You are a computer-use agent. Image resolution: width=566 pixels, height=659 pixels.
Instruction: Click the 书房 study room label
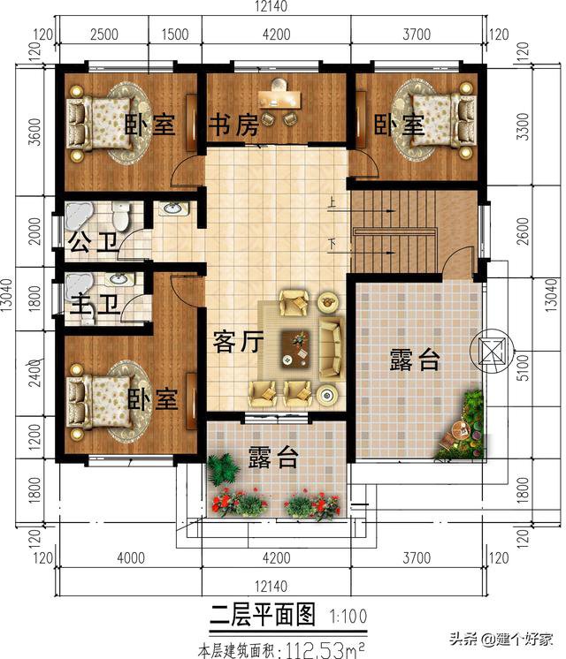pos(234,125)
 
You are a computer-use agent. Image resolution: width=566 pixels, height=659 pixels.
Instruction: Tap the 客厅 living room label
pos(238,341)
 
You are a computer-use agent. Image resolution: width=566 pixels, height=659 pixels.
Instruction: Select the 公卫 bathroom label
pos(94,242)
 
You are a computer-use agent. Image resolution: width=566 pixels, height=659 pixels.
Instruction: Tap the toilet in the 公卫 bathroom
pos(121,216)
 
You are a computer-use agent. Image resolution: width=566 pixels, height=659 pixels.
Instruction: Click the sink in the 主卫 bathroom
pos(119,278)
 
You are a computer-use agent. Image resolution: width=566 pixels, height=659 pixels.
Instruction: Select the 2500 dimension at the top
pos(104,34)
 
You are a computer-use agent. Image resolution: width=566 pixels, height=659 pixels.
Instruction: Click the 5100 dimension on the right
pos(522,367)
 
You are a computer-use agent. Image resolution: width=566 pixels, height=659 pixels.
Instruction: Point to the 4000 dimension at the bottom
pos(131,557)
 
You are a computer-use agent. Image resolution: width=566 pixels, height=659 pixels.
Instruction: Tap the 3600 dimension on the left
pos(34,132)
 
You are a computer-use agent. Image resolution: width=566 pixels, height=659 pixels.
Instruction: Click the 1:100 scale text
pos(348,616)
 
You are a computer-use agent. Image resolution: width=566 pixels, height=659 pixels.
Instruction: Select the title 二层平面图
pos(263,615)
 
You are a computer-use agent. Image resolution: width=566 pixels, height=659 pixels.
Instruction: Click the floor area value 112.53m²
pos(325,650)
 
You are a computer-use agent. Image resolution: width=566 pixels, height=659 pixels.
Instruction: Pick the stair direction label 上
pos(332,202)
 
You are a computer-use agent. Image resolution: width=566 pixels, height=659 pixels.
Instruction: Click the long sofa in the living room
pos(331,348)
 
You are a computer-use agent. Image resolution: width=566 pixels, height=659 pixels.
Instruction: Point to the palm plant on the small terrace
pos(222,469)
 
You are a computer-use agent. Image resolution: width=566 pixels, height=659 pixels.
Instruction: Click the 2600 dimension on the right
pos(522,231)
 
